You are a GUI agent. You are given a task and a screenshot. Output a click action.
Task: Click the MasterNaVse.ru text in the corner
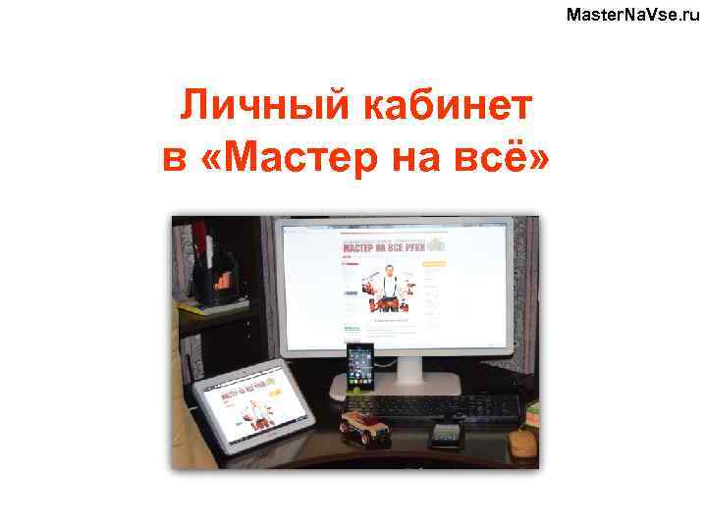pos(633,14)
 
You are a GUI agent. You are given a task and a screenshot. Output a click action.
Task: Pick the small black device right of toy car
pos(445,433)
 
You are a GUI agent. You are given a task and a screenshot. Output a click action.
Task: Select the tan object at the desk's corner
pos(522,445)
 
